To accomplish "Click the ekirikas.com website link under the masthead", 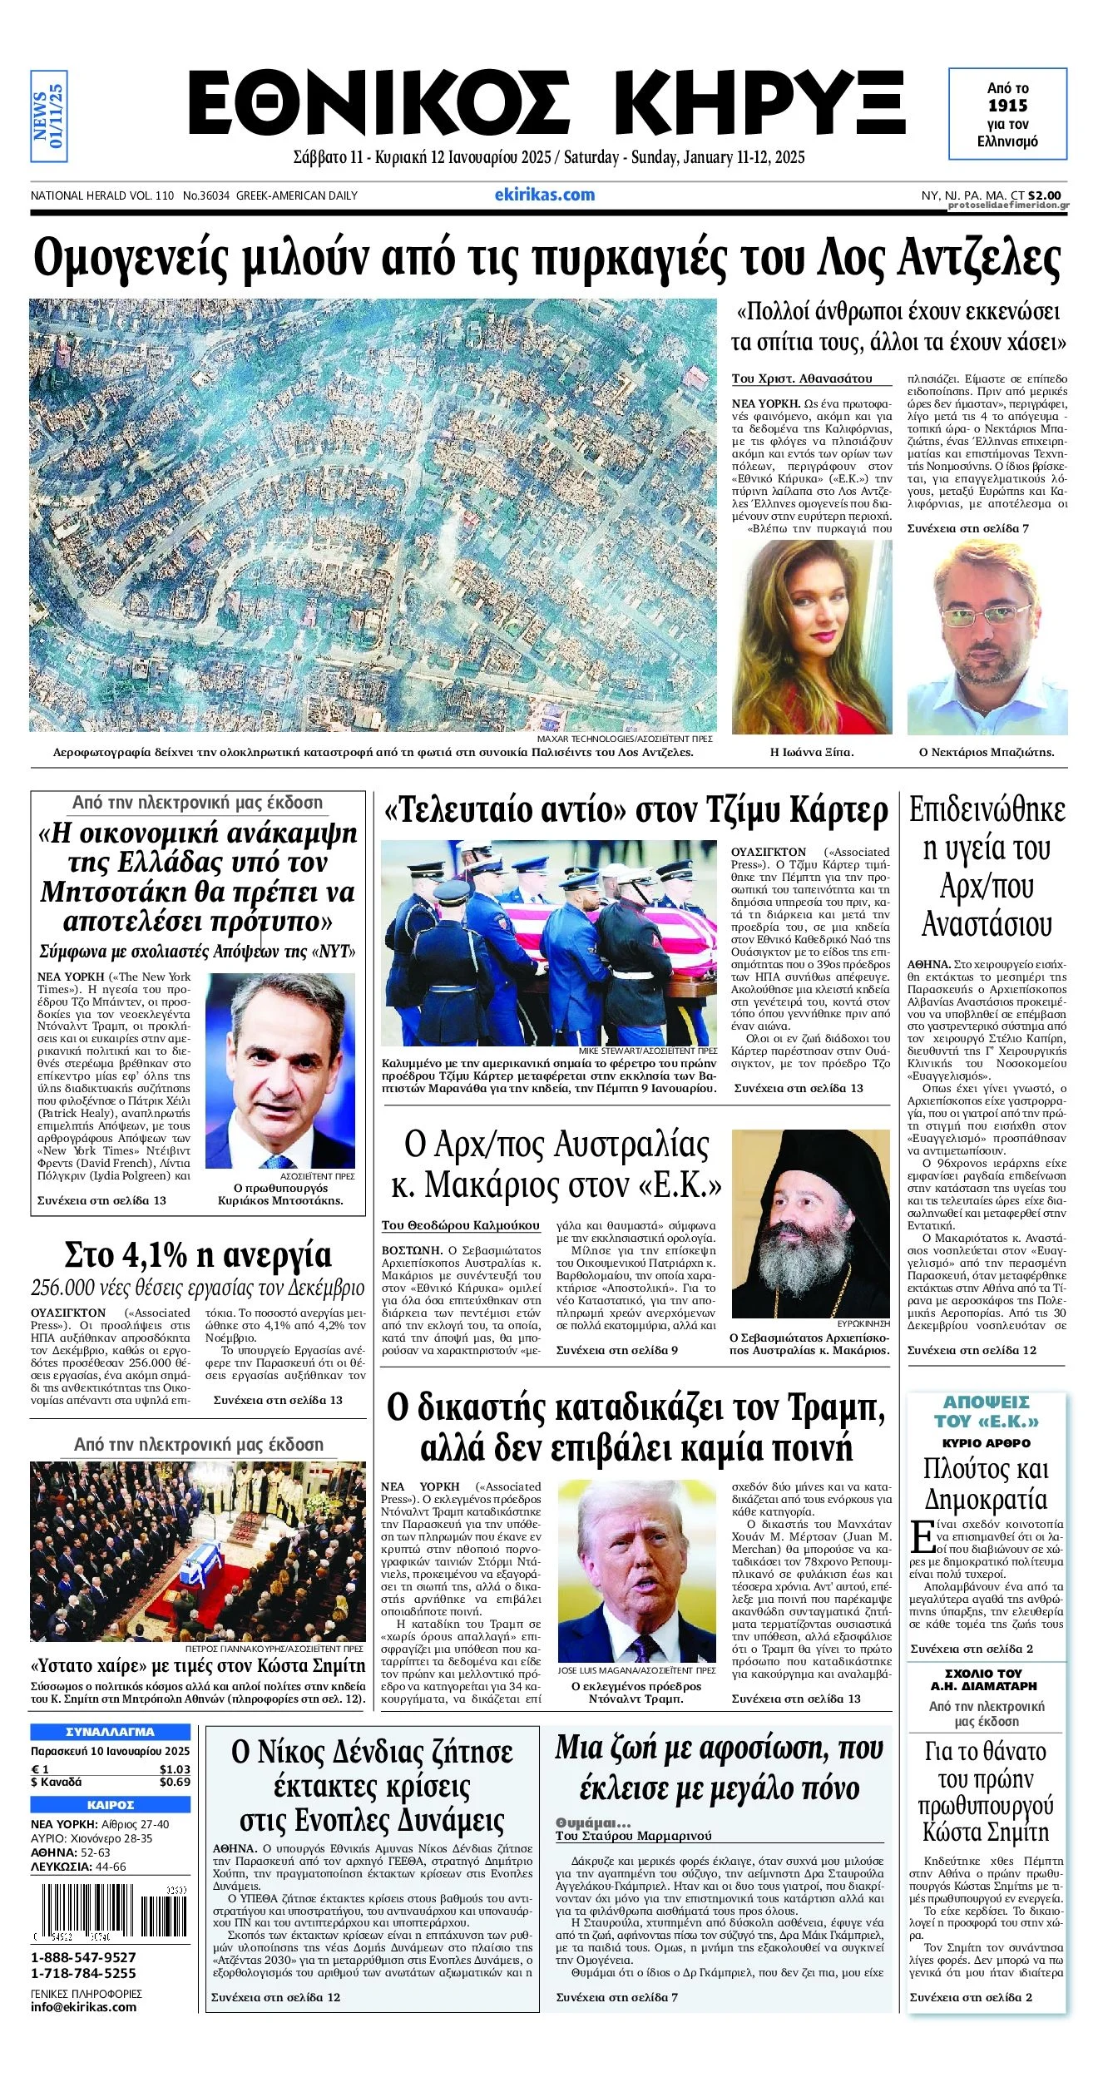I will [545, 195].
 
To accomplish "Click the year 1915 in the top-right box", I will [1007, 106].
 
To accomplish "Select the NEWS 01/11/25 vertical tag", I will [48, 116].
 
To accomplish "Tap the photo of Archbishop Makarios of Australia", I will [810, 1223].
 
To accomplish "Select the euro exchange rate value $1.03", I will [175, 1769].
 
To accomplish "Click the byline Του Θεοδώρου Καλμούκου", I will [460, 1225].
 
